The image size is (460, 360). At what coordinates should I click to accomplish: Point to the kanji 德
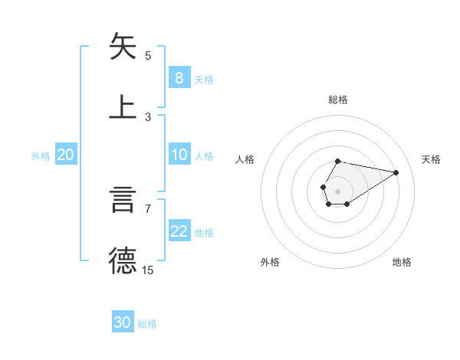(x=123, y=260)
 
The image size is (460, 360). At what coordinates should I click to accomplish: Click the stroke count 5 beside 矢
(x=148, y=55)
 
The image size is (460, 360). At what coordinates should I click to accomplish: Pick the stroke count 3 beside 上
(x=148, y=116)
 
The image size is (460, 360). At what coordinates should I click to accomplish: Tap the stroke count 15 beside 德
(x=148, y=270)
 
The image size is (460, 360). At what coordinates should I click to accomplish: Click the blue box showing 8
(x=179, y=78)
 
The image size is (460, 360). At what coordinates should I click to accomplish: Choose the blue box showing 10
(x=179, y=155)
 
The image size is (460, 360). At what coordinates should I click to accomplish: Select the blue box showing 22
(x=179, y=231)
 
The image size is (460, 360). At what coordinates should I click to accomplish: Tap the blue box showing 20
(x=66, y=155)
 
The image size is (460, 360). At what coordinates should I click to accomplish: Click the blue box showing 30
(x=123, y=322)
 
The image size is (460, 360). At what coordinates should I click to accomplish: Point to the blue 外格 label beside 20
(x=41, y=156)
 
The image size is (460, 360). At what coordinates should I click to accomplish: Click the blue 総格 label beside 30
(x=147, y=324)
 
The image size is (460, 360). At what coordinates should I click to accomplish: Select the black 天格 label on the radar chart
(x=431, y=159)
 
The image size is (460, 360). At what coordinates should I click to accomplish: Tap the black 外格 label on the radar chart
(x=270, y=262)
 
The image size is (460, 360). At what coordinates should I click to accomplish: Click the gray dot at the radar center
(x=337, y=191)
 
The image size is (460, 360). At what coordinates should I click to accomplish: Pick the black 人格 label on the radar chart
(x=245, y=159)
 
